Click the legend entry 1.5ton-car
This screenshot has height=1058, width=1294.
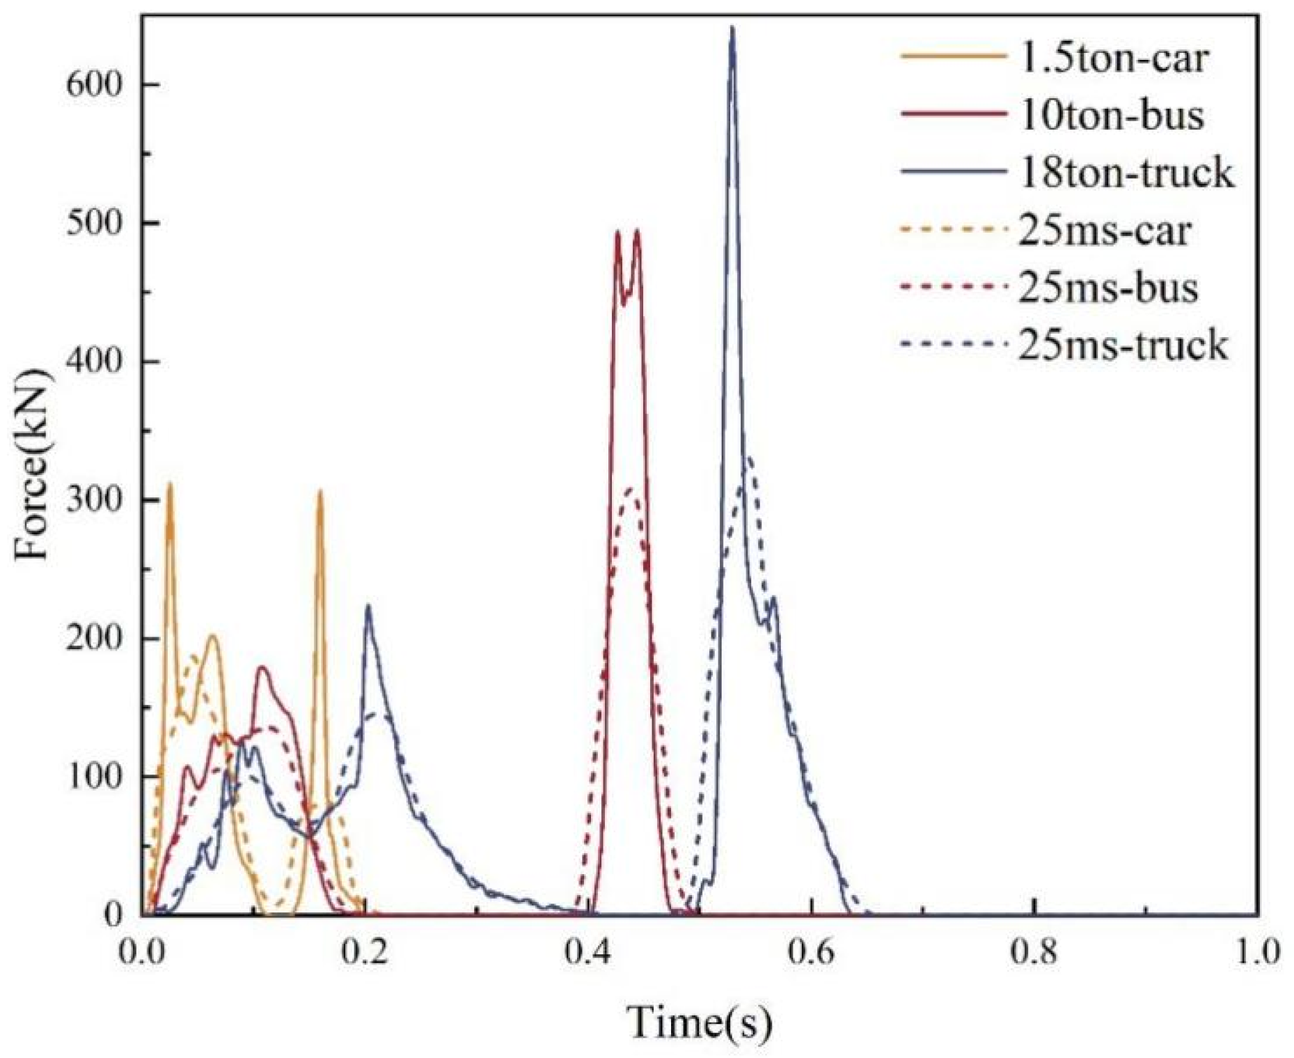[x=1113, y=59]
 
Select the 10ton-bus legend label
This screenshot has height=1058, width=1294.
[x=1112, y=116]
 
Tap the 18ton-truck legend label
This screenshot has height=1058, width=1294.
[x=1126, y=173]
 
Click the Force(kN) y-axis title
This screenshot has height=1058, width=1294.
[x=33, y=465]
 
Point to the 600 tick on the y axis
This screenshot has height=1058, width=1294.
[x=93, y=85]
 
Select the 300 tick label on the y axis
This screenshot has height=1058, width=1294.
[x=93, y=500]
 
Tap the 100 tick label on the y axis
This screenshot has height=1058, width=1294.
[x=93, y=777]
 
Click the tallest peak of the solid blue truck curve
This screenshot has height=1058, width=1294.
[x=732, y=29]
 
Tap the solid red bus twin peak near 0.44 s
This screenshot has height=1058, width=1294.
[x=636, y=233]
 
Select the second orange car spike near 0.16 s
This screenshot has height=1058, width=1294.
[x=320, y=492]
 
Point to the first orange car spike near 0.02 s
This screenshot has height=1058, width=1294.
[x=169, y=485]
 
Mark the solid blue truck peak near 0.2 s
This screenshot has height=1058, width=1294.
[x=368, y=607]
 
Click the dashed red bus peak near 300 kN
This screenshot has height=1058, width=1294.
[x=631, y=489]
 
